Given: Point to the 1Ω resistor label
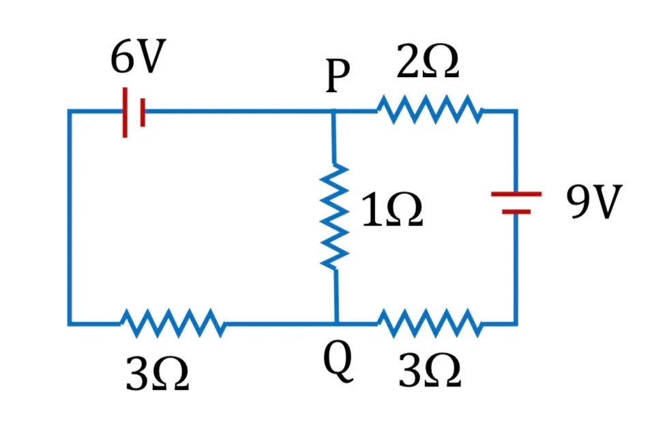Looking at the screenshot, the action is tap(392, 209).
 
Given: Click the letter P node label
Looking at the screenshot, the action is tap(337, 75).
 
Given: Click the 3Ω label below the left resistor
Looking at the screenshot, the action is tap(158, 373).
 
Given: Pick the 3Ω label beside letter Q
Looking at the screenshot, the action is tap(430, 369).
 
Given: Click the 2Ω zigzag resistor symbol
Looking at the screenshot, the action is tap(429, 110).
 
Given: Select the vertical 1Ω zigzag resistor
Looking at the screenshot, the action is tap(335, 216).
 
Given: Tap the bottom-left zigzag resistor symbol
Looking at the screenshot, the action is tap(173, 323).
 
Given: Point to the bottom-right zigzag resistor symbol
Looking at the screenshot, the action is tap(430, 323).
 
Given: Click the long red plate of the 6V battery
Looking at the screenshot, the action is tap(125, 112).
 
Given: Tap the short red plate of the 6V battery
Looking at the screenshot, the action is tap(143, 112).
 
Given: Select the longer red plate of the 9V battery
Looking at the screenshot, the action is tap(516, 194).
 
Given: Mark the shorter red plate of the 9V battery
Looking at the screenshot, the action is tap(516, 212).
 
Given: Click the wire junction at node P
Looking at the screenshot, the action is tap(334, 111).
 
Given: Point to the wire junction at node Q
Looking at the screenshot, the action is tap(336, 323).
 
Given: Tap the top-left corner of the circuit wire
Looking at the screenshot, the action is tap(70, 111).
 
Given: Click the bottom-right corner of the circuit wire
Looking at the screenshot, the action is tap(516, 323).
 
